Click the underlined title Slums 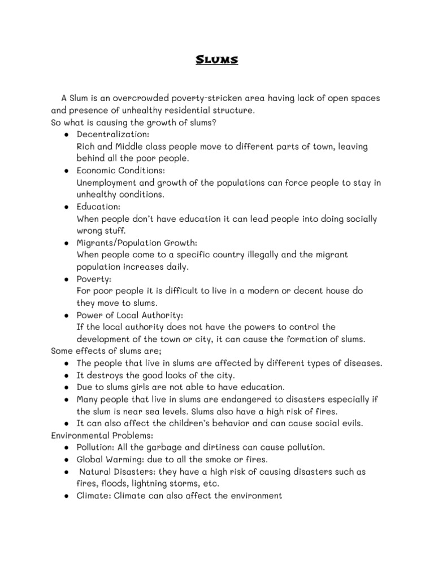click(x=217, y=60)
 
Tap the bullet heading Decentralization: click(x=113, y=134)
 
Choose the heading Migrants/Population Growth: click(x=137, y=243)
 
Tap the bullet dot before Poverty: click(x=66, y=279)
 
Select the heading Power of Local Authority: click(x=130, y=315)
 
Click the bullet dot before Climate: click(x=66, y=496)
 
